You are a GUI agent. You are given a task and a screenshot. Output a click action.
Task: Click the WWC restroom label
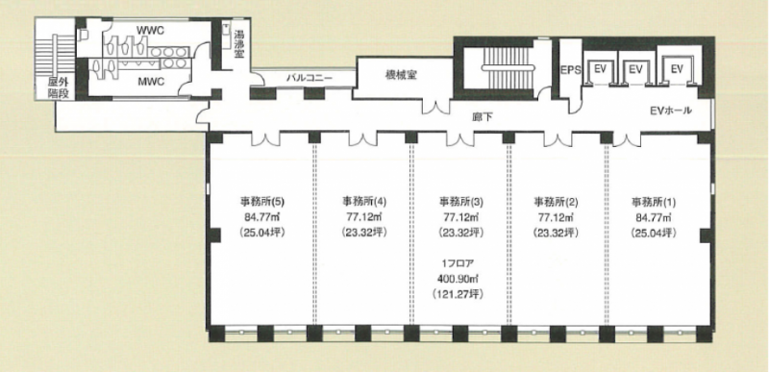pos(150,31)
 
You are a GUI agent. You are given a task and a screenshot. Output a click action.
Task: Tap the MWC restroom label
pos(151,81)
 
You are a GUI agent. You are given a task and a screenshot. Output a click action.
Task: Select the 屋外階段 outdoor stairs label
pos(58,87)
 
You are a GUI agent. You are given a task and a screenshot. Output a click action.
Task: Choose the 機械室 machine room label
pos(401,76)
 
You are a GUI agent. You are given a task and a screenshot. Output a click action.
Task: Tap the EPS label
pos(571,70)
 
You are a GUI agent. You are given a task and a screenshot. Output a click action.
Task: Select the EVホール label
pos(670,111)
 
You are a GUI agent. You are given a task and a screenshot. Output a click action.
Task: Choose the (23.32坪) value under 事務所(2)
pos(556,233)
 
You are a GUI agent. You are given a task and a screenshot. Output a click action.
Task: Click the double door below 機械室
pos(436,108)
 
